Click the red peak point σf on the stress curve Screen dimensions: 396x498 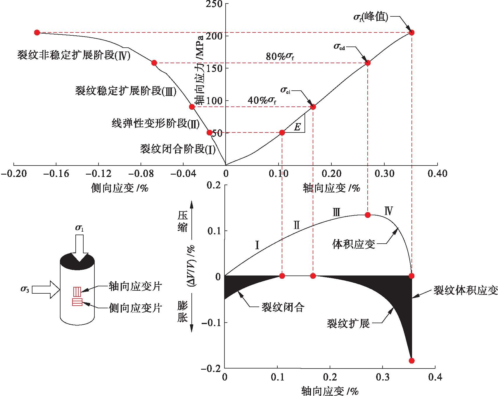411,32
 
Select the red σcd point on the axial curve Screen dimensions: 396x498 368,63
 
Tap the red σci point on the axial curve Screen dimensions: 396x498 313,107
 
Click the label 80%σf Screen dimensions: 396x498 280,56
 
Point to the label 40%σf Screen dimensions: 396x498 262,100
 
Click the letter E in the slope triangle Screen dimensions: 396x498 297,127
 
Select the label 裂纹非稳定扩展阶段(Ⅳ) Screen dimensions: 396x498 74,55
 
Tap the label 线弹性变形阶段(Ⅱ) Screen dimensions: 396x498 155,123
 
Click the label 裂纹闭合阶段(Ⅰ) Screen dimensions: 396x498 178,149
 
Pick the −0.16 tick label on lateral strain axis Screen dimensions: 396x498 56,174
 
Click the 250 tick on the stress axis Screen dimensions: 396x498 214,4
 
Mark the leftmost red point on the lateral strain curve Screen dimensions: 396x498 37,32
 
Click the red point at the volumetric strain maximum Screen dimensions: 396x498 368,215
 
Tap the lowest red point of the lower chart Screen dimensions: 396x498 411,361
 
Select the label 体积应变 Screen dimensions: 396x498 354,244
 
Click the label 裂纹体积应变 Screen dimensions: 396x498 465,290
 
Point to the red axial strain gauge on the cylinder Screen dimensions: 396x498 77,292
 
